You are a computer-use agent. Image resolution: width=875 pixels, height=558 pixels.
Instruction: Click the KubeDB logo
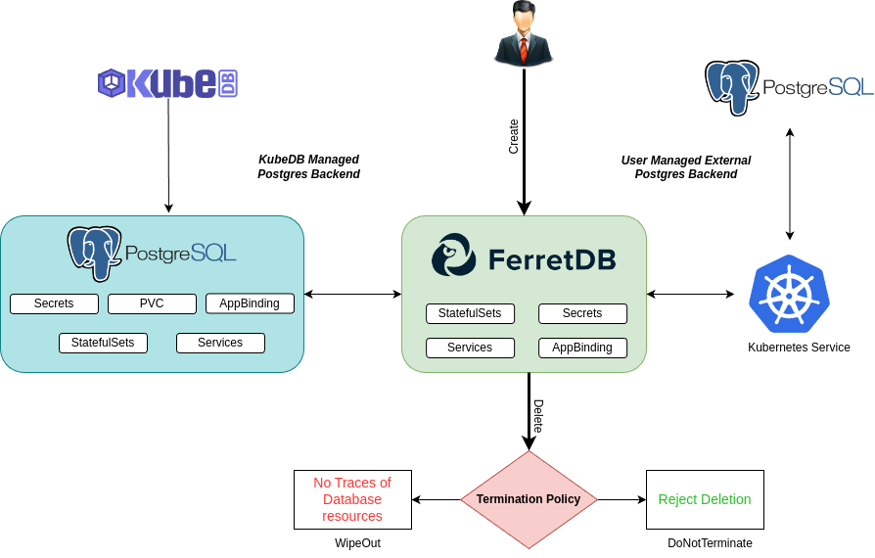coord(167,83)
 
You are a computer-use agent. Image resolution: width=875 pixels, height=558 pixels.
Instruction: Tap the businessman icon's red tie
coord(524,47)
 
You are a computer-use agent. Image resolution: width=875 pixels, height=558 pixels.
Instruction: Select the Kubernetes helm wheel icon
coord(789,294)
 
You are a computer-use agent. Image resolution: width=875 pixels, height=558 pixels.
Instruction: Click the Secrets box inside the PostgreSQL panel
coord(54,303)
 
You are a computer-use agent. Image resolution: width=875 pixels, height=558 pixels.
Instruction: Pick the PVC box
coord(152,303)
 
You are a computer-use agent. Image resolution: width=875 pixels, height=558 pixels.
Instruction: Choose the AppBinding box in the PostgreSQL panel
coord(250,303)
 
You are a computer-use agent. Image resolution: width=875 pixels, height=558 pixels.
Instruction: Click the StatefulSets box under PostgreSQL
coord(103,343)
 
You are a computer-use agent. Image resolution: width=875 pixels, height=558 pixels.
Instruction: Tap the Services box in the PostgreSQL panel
coord(220,343)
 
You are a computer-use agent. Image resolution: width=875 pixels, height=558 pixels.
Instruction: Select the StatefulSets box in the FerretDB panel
coord(470,313)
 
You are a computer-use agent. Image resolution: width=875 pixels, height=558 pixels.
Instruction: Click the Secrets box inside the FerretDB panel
coord(582,313)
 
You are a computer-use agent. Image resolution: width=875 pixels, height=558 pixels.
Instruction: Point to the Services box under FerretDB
coord(470,348)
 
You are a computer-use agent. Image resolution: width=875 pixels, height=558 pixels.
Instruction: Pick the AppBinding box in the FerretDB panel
coord(582,348)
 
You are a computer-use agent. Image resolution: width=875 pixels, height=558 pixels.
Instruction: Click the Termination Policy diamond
coord(529,499)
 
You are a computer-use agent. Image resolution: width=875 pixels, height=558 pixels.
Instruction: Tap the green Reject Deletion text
coord(705,499)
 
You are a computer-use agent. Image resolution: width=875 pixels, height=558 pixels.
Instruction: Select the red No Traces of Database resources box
coord(352,499)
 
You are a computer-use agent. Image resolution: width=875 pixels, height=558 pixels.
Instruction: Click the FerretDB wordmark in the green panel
coord(552,259)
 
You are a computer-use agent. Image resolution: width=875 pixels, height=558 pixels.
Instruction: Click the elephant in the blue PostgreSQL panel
coord(94,253)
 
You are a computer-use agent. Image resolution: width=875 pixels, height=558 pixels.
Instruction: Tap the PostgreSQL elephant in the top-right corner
coord(732,86)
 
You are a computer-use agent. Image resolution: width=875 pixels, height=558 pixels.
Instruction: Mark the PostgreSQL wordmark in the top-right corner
coord(817,87)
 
